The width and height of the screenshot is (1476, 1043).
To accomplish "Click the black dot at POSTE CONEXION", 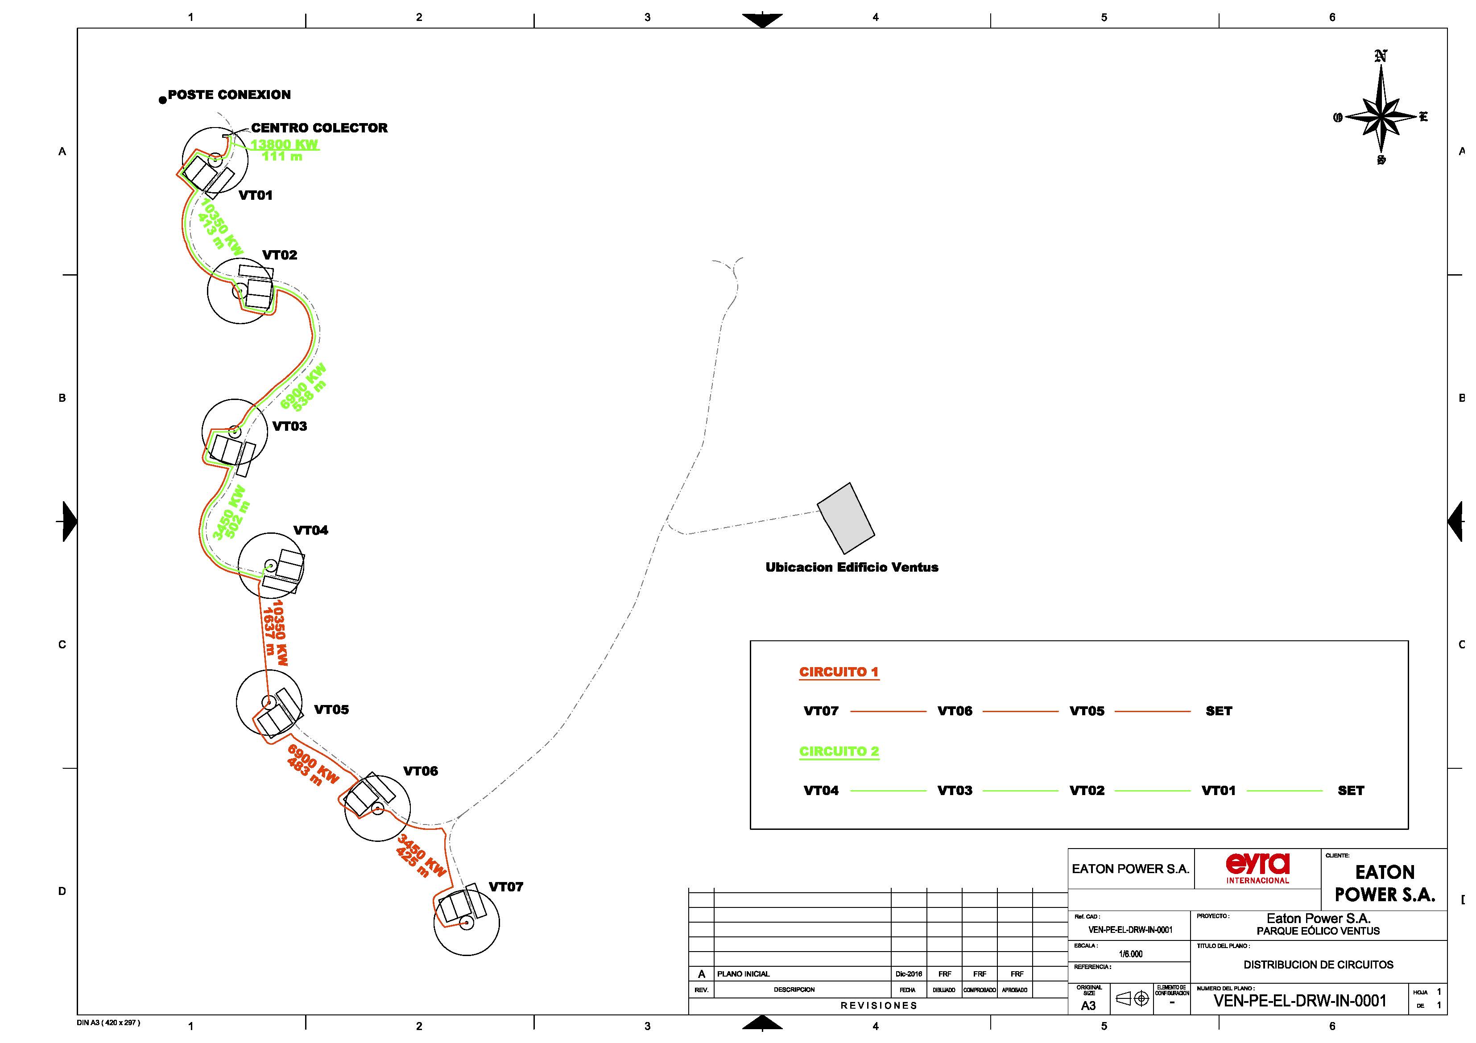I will [163, 100].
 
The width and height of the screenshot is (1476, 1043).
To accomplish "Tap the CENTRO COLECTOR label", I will [319, 128].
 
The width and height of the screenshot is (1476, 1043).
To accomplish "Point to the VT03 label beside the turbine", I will [289, 426].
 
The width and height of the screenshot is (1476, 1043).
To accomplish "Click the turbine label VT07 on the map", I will [505, 887].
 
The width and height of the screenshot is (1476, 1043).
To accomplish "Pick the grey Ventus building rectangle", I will [845, 518].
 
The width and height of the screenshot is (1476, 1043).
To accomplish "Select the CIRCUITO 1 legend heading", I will [838, 672].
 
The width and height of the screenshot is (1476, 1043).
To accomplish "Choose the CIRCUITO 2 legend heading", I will [838, 751].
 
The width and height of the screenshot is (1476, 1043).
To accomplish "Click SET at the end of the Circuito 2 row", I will [1350, 791].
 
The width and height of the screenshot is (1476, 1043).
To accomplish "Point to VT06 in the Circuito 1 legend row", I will [955, 711].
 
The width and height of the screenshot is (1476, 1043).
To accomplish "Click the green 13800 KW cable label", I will [284, 144].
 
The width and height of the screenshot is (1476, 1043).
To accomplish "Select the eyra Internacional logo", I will [1257, 868].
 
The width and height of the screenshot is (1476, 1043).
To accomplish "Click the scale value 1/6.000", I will [1130, 954].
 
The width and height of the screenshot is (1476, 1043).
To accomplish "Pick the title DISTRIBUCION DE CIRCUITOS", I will [1318, 965].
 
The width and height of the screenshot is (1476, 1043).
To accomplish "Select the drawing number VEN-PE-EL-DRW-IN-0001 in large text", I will [1299, 1001].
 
